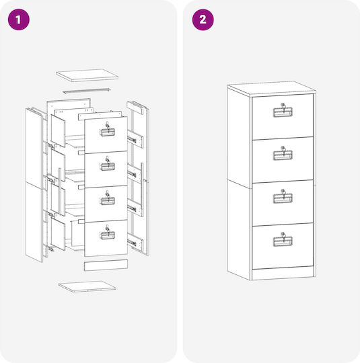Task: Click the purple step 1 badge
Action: tap(19, 19)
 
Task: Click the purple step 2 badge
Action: tap(203, 19)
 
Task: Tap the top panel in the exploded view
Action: tap(87, 75)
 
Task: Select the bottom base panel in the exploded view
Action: tap(87, 286)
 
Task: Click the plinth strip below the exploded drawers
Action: tap(106, 266)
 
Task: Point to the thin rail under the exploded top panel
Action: tap(87, 91)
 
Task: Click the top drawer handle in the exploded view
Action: tap(108, 132)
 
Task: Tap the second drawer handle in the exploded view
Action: tap(108, 167)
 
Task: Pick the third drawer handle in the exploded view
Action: tap(108, 201)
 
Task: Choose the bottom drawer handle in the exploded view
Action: tap(108, 235)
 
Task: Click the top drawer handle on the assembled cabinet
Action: tap(283, 112)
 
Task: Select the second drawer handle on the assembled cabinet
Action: tap(283, 155)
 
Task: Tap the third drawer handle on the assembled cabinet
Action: tap(283, 198)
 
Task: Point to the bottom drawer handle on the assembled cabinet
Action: tap(283, 241)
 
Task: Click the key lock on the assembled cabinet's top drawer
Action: tap(283, 106)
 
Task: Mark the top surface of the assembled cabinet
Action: tap(271, 89)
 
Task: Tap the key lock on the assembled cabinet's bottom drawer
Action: tap(283, 235)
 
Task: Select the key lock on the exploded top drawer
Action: tap(107, 125)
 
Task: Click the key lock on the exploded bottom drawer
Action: tap(107, 228)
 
